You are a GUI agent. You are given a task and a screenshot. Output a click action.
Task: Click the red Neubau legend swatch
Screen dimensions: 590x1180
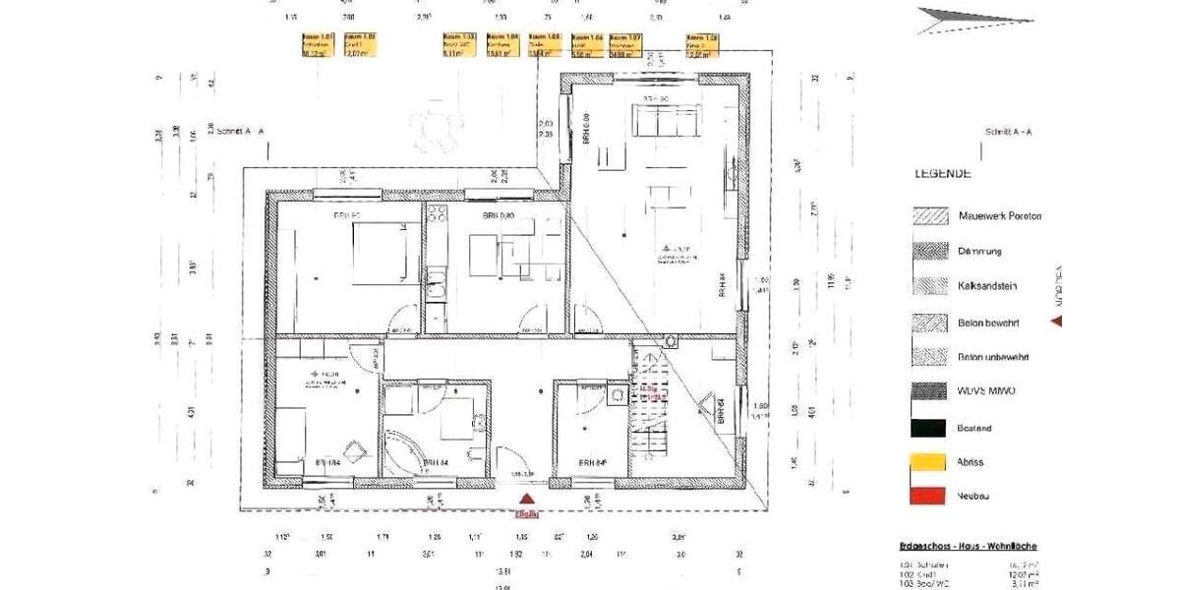929,497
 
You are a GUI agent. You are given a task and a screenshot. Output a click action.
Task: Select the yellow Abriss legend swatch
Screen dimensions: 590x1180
929,462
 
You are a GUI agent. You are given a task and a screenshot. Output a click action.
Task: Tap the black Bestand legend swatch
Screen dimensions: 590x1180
929,428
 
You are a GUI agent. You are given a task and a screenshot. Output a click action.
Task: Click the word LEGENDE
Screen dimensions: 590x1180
943,174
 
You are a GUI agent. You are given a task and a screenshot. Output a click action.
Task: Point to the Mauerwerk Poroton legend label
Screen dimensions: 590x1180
999,216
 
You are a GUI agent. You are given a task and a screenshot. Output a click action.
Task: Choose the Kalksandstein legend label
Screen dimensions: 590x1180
987,286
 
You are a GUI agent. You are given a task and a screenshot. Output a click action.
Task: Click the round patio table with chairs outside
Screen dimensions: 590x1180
433,129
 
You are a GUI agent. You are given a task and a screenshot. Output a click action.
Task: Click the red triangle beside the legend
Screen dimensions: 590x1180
1057,321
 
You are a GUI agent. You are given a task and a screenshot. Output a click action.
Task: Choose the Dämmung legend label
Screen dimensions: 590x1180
979,252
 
